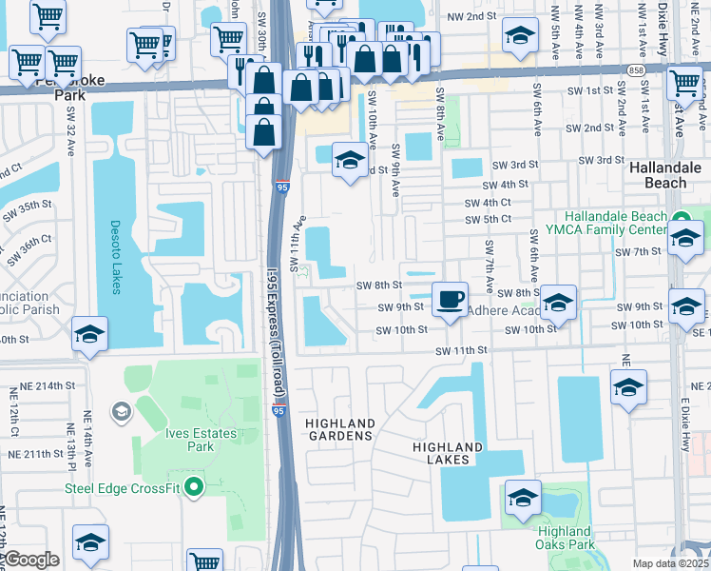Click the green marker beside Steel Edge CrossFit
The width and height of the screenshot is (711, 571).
(x=195, y=489)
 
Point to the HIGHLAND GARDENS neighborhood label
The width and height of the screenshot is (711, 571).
(x=339, y=428)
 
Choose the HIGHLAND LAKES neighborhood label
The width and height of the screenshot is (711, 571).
(x=448, y=453)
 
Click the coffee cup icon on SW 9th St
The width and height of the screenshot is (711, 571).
(x=450, y=300)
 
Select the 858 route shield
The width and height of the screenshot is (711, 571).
(x=638, y=69)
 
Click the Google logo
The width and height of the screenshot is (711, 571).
(x=31, y=560)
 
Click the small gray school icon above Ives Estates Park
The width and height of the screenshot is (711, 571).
(x=121, y=411)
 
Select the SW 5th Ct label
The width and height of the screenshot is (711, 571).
(x=488, y=219)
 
